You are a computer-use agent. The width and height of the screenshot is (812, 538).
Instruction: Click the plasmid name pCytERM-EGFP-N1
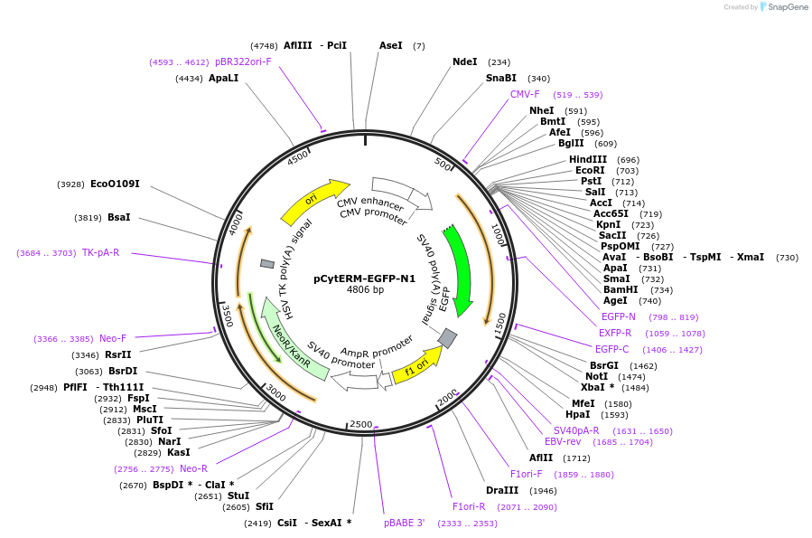365,278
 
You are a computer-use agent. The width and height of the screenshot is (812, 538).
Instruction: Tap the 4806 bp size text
365,290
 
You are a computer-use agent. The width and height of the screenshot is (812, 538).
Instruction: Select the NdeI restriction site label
465,61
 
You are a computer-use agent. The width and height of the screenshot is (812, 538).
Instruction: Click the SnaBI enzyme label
501,78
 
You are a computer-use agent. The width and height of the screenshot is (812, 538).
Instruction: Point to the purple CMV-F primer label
525,94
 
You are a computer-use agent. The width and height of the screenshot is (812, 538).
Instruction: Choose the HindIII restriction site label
588,159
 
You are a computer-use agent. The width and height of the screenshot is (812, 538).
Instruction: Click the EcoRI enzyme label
590,170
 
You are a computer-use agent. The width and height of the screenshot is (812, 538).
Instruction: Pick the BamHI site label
621,289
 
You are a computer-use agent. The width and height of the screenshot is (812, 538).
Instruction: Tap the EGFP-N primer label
619,316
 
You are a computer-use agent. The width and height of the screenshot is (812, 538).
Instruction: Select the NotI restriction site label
596,376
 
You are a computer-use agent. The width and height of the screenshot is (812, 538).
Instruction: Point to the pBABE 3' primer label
404,523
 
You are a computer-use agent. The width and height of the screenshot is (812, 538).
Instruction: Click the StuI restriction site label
238,496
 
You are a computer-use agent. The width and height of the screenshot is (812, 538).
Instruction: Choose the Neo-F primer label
113,338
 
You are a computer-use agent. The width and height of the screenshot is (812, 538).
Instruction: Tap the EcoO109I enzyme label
115,184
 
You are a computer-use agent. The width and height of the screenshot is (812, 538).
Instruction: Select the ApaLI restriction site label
224,79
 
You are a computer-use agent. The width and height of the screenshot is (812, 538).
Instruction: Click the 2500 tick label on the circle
361,424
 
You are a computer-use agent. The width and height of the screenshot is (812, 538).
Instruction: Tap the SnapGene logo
784,7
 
